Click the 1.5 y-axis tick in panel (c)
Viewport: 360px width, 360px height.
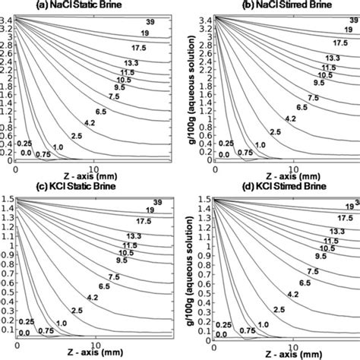[x=6, y=199]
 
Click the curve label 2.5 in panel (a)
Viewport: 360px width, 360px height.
[x=77, y=135]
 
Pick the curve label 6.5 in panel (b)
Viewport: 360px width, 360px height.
[x=302, y=109]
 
